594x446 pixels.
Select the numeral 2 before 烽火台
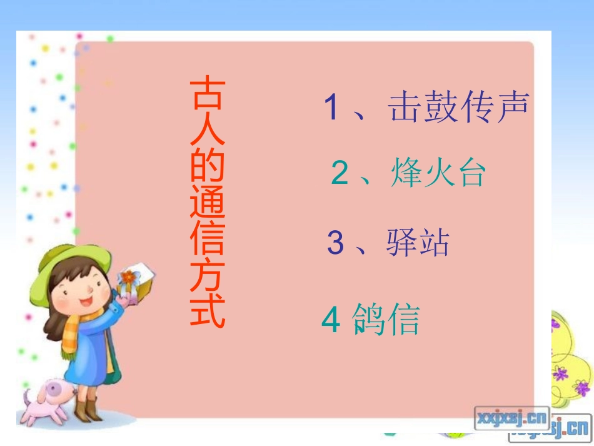340,173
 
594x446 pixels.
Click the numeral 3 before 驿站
336,243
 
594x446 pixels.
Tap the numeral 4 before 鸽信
330,320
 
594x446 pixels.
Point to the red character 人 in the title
208,131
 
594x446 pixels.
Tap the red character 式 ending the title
208,311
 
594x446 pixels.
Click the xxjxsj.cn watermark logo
511,415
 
